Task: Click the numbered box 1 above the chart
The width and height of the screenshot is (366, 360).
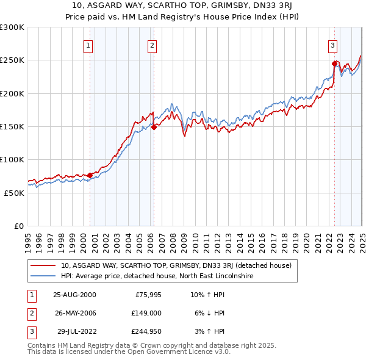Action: pos(88,45)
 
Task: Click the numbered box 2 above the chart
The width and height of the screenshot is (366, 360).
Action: pos(151,45)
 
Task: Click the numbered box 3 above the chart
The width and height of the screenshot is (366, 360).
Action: pos(333,45)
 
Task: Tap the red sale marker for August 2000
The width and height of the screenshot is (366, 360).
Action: pos(90,175)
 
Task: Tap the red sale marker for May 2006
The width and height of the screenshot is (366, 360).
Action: pos(154,127)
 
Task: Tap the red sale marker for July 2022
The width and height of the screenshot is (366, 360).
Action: pos(334,63)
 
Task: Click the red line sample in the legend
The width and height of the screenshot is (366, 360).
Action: pos(43,265)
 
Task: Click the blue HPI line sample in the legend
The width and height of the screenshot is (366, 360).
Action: pos(43,276)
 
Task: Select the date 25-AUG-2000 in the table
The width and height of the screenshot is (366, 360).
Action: pos(74,294)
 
